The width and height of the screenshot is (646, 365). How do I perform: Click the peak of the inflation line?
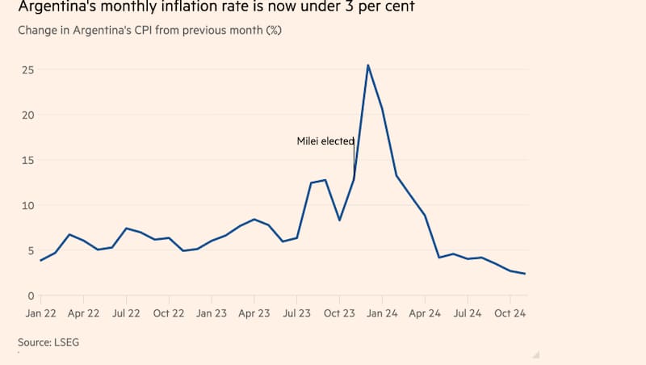[368, 65]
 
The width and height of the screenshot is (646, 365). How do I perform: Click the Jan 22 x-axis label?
[40, 313]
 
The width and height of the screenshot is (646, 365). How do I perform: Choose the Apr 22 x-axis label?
[83, 313]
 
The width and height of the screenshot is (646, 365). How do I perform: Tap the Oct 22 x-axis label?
[169, 313]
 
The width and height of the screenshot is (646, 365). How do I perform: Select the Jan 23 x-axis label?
[212, 313]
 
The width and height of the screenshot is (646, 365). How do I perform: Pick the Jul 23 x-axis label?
[297, 313]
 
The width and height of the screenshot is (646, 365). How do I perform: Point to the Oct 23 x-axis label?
[340, 313]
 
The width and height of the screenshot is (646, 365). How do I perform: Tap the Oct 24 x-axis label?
[511, 313]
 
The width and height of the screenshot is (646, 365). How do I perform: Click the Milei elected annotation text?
[325, 141]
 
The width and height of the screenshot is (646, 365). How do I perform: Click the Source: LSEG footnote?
[48, 342]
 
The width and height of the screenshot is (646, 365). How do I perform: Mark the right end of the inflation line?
[525, 274]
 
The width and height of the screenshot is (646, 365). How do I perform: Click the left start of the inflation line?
[40, 260]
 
